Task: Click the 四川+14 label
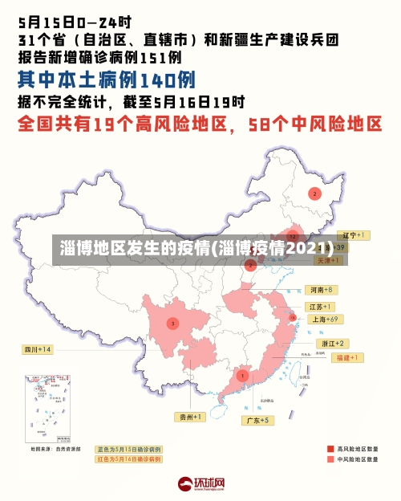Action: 37,349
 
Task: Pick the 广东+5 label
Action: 257,419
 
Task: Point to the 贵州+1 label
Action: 191,416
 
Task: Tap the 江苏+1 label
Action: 321,307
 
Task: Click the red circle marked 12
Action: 294,237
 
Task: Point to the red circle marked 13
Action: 293,320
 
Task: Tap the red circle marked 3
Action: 172,323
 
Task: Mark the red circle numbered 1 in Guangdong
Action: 242,375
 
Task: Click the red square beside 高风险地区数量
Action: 330,448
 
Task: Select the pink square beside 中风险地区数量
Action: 330,460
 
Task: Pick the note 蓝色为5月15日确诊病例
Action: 128,449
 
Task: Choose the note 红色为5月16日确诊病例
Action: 128,459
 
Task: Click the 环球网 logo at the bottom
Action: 201,484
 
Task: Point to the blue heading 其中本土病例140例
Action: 107,80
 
